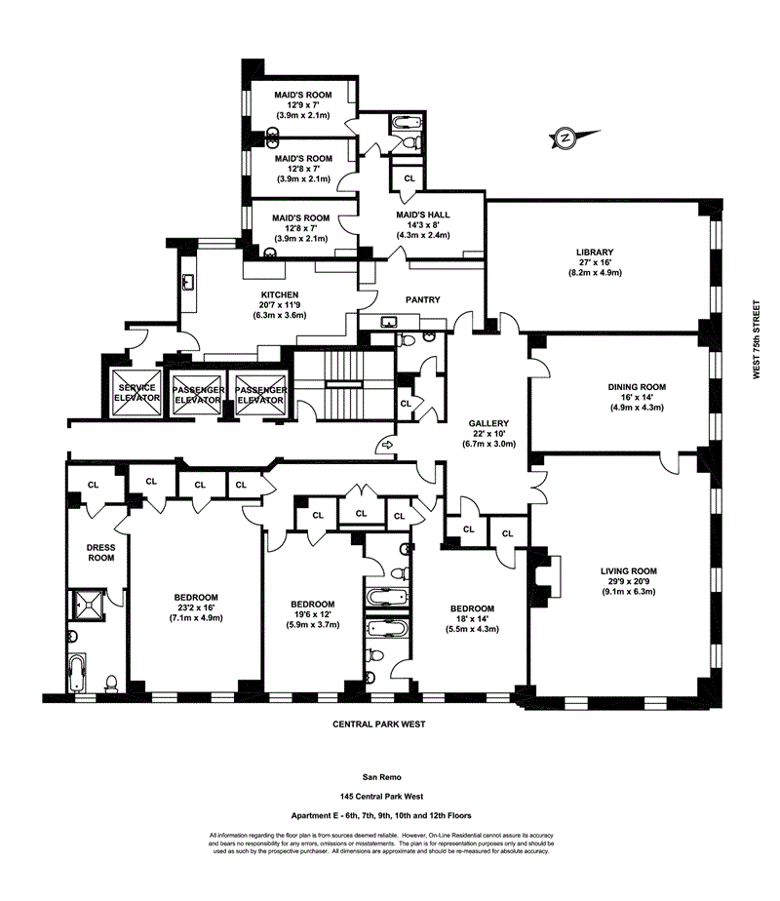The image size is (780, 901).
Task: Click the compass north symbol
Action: [565, 137]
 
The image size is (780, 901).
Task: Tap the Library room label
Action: [594, 253]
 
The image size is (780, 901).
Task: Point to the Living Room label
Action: [629, 571]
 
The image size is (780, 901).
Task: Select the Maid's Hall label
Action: [423, 215]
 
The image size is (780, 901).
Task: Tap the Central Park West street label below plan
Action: [379, 725]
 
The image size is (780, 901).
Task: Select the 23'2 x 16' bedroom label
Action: [196, 597]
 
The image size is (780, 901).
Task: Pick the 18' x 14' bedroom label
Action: [472, 608]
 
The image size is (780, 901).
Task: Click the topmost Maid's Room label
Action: [302, 95]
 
